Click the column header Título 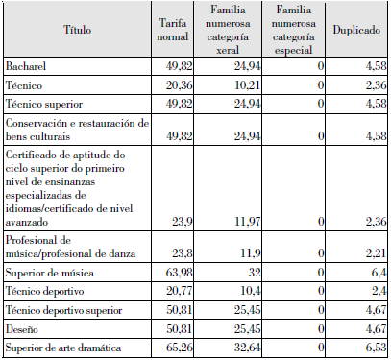tap(77, 31)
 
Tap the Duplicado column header tap(354, 31)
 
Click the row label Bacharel tap(26, 67)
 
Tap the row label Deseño tap(23, 326)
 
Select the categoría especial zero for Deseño tap(318, 326)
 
